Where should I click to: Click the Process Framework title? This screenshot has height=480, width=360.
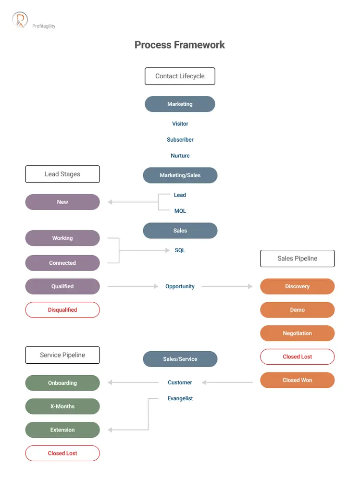180,45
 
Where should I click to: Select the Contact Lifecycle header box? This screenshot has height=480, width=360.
180,76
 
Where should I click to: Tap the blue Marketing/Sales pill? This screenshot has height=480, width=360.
180,175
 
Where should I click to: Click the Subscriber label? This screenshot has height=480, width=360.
180,140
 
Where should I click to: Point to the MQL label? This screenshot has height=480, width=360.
180,211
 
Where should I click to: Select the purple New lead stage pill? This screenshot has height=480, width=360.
62,202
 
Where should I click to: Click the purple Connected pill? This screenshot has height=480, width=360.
62,263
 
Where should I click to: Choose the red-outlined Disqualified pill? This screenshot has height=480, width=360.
62,310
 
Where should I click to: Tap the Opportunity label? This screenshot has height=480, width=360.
180,286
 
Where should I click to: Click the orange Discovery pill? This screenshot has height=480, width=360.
297,286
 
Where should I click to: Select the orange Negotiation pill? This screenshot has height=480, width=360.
297,333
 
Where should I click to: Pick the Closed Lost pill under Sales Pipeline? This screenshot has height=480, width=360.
297,357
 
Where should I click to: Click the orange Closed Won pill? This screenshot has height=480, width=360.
297,380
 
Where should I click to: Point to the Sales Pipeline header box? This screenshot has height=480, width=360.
297,258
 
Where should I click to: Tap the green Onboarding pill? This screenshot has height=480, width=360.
62,383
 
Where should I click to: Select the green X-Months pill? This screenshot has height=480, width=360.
62,406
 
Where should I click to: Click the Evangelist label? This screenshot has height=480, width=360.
180,398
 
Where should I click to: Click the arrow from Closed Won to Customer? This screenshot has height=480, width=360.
227,382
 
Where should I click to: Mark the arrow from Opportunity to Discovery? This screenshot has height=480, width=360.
227,286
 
